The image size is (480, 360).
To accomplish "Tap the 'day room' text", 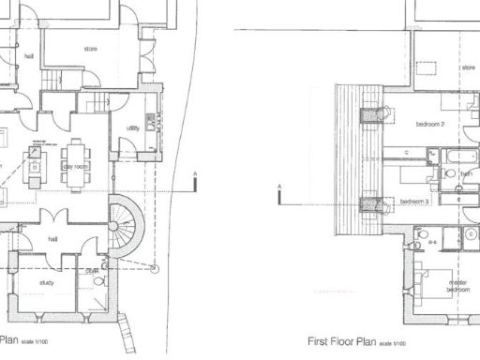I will point(76,166).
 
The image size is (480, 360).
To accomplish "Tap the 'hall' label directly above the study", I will point(53,239).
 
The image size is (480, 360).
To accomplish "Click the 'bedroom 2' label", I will point(429,124).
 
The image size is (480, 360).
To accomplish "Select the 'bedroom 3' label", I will point(414,202).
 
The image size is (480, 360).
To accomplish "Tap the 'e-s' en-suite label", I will point(434,241).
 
